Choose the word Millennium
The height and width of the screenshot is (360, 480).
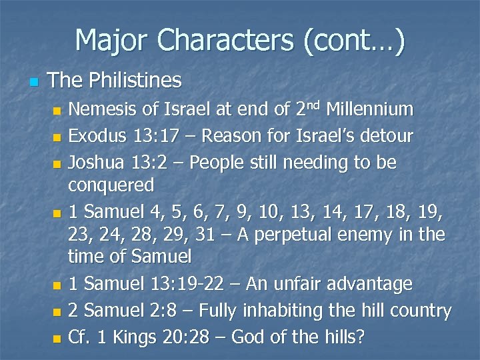tap(372, 109)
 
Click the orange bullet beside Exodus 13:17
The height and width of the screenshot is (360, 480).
tap(57, 138)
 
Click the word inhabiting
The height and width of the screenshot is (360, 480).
tap(303, 311)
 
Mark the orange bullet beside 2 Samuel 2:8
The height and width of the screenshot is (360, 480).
tap(57, 312)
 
